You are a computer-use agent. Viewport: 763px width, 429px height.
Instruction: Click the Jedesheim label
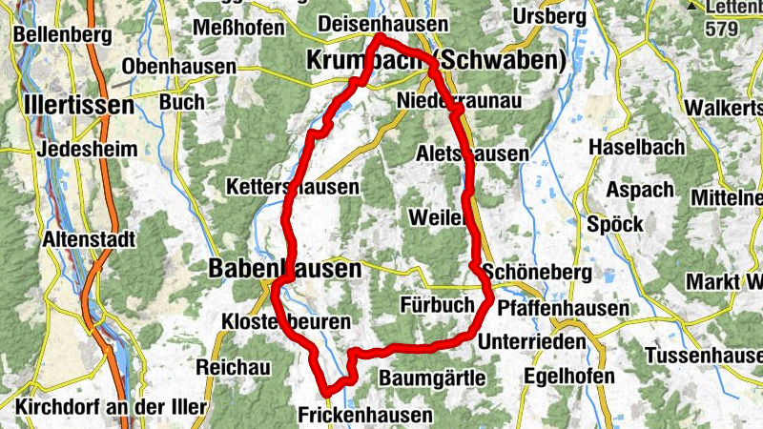(x=88, y=150)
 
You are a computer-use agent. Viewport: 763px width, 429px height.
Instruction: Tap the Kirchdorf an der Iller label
(x=111, y=407)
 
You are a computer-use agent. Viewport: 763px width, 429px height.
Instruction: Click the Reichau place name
(x=234, y=367)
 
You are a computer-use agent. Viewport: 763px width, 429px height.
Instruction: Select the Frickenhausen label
(x=365, y=415)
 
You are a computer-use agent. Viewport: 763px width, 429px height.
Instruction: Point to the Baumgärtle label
(x=433, y=378)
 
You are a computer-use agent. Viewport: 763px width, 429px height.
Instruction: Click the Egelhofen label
(x=569, y=377)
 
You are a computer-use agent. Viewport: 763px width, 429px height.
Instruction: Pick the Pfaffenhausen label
(x=577, y=309)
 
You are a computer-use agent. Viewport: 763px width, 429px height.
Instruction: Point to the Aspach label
(x=640, y=191)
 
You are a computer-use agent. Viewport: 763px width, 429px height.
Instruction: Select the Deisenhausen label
(x=383, y=23)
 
